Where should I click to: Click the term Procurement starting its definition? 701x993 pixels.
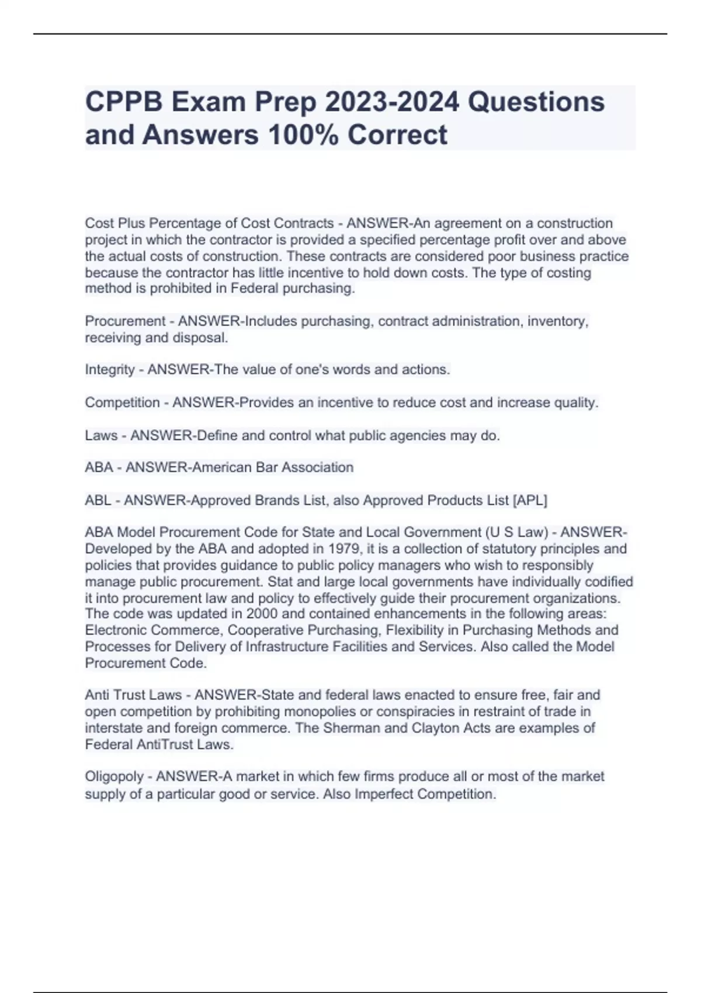125,321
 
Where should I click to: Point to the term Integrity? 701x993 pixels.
110,370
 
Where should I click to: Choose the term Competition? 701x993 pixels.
122,402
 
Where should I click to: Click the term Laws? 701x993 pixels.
101,435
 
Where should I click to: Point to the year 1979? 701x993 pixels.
345,549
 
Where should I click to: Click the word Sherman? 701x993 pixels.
349,728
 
